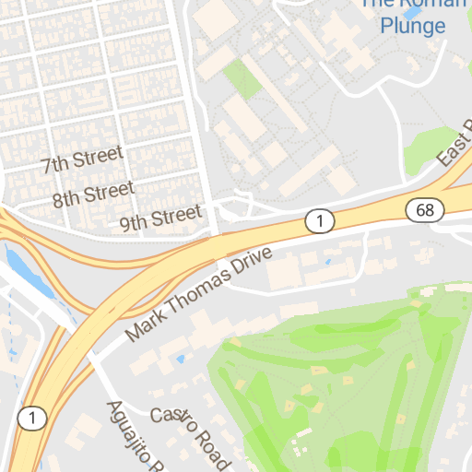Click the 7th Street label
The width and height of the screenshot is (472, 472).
tap(82, 161)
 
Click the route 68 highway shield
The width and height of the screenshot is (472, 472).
tap(424, 210)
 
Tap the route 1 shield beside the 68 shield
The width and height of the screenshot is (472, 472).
tap(319, 220)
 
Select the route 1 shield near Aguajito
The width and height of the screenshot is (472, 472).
tap(32, 419)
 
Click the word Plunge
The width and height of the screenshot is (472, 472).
tap(413, 26)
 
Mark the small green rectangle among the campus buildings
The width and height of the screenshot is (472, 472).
tap(242, 78)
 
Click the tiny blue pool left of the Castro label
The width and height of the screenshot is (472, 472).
tap(182, 357)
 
